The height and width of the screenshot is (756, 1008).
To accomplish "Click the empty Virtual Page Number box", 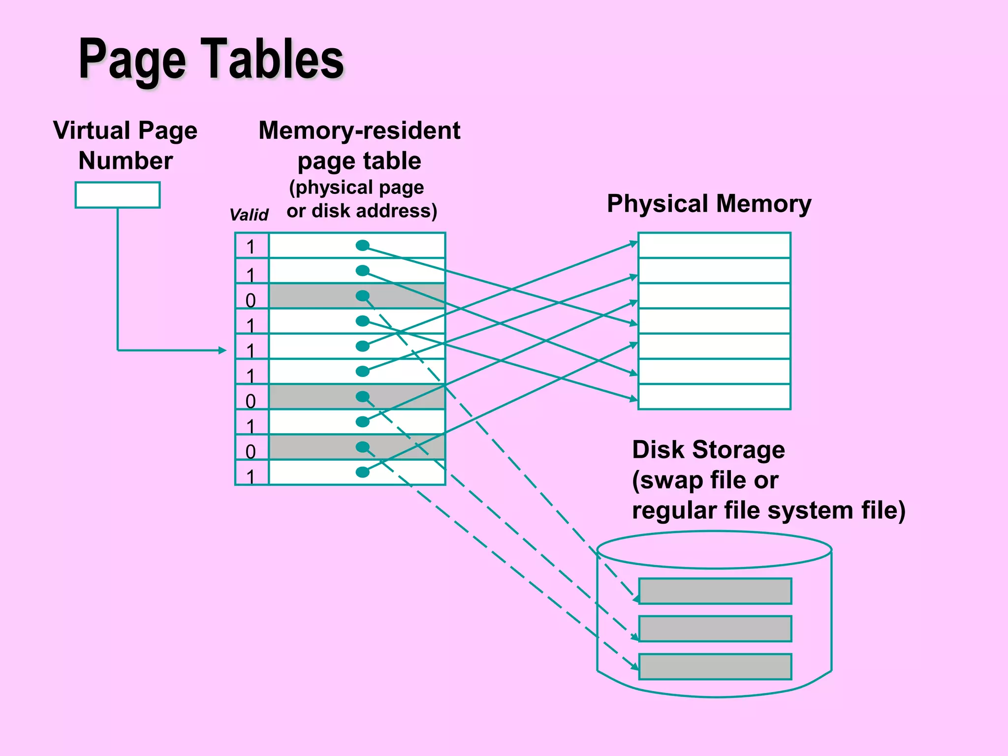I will click(x=117, y=195).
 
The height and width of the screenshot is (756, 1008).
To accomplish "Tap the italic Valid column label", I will click(x=249, y=215).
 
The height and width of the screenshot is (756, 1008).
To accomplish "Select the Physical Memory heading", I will click(x=709, y=203).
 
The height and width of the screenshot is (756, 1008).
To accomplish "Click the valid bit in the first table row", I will click(x=251, y=247).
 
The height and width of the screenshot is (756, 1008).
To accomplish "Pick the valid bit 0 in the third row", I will click(x=251, y=300).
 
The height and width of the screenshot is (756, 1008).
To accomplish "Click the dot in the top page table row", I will click(x=362, y=245).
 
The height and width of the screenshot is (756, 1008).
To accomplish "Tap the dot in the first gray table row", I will click(x=362, y=296).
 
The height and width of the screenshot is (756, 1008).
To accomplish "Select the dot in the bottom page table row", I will click(x=362, y=472).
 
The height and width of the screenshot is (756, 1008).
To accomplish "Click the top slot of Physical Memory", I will click(x=714, y=245).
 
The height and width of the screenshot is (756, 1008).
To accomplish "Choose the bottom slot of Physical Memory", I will click(x=714, y=397).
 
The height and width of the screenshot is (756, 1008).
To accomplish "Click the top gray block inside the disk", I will click(x=715, y=591).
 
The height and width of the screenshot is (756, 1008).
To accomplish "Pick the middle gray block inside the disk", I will click(x=715, y=629).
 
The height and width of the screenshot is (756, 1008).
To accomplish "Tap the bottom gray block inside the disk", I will click(x=715, y=666).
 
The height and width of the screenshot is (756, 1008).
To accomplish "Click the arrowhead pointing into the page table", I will click(x=222, y=350).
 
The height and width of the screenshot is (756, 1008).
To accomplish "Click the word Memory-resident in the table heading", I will click(x=359, y=130).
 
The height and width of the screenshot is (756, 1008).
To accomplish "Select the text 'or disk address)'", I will click(x=362, y=211).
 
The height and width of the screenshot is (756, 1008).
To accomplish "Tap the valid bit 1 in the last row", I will click(x=251, y=476).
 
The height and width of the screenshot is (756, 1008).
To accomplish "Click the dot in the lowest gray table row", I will click(x=362, y=447).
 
